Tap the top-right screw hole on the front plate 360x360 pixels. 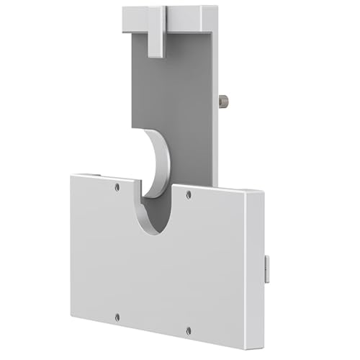(189, 194)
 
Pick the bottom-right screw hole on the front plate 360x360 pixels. (189, 330)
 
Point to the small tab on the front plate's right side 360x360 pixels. (267, 269)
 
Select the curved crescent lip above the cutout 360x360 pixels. (159, 162)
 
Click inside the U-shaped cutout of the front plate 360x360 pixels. (154, 209)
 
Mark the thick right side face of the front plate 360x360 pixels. (255, 274)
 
